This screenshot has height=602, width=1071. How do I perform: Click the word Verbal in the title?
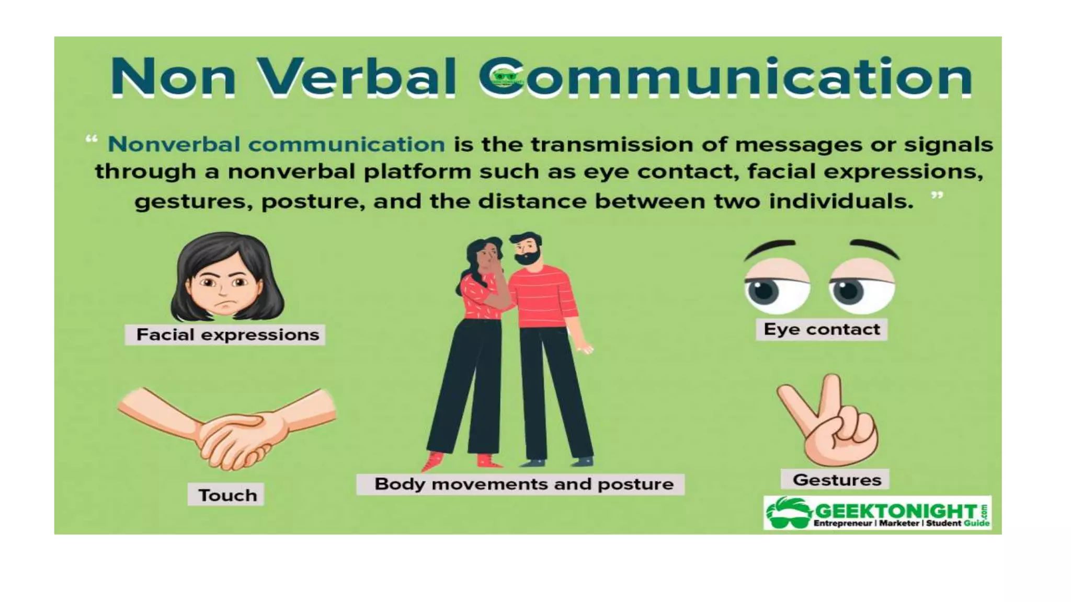pyautogui.click(x=358, y=77)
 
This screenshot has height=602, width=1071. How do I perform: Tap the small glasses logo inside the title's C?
pyautogui.click(x=505, y=77)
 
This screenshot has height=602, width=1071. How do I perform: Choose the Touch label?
pyautogui.click(x=226, y=494)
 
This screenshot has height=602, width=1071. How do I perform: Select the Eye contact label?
pyautogui.click(x=822, y=329)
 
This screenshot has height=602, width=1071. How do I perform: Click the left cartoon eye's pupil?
pyautogui.click(x=764, y=291)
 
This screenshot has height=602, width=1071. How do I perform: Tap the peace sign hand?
pyautogui.click(x=831, y=423)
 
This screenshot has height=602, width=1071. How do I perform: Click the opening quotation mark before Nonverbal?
pyautogui.click(x=92, y=140)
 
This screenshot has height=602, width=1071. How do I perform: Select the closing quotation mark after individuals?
pyautogui.click(x=937, y=195)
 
